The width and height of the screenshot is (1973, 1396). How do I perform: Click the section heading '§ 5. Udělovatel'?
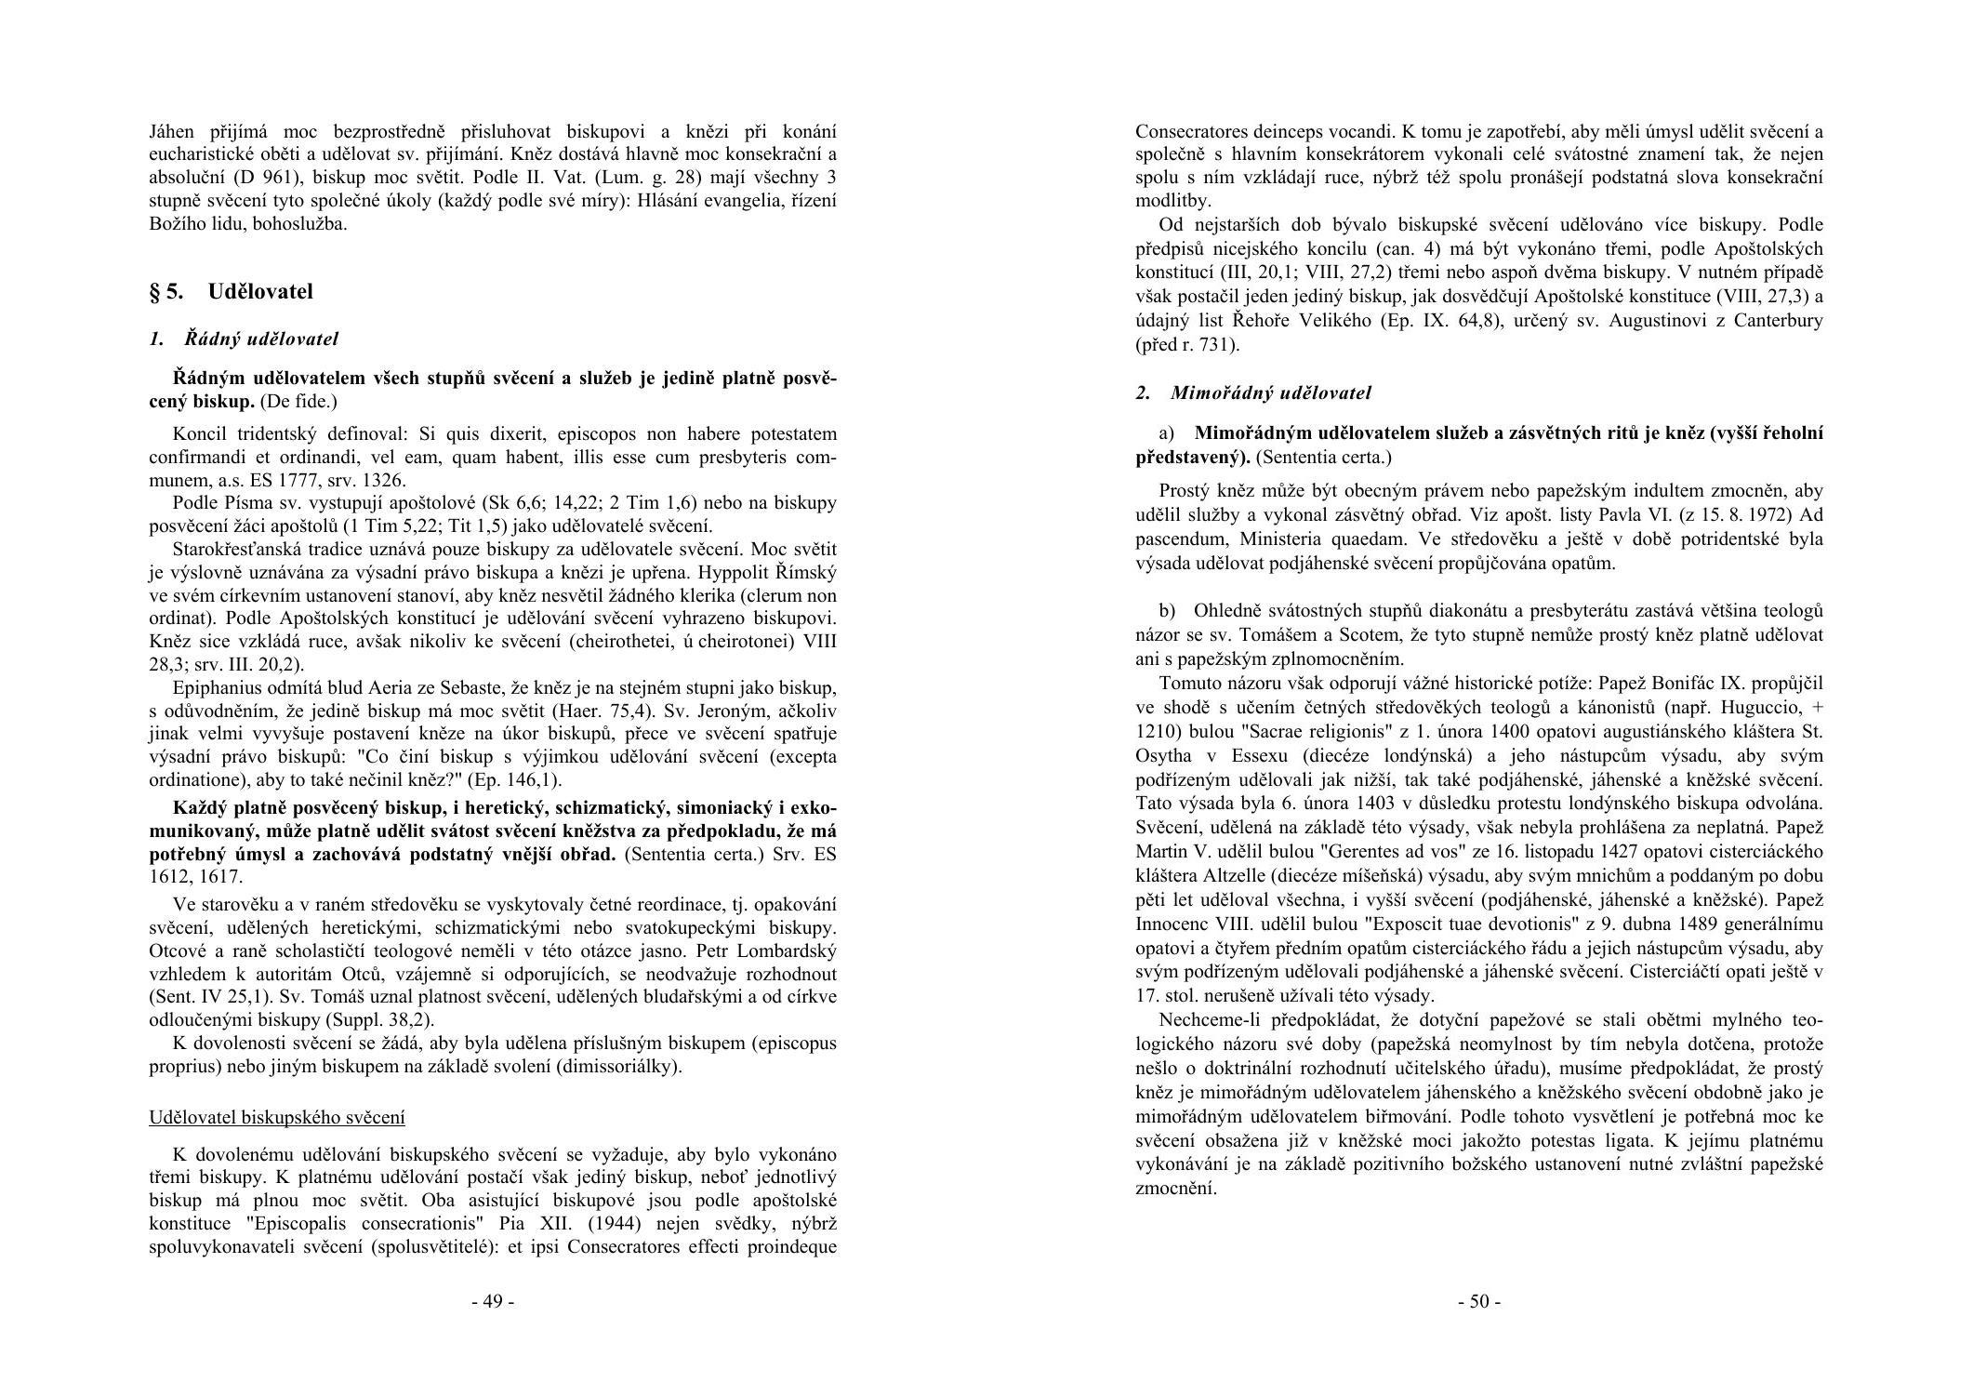[x=231, y=292]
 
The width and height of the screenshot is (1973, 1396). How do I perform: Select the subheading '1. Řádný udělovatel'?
[x=244, y=339]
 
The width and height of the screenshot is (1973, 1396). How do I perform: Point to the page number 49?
[x=493, y=1301]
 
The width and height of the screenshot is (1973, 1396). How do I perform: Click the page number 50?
[x=1478, y=1301]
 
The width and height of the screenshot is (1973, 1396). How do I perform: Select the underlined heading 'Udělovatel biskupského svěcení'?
[x=277, y=1117]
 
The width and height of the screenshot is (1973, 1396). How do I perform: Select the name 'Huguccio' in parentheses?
[x=1750, y=708]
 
